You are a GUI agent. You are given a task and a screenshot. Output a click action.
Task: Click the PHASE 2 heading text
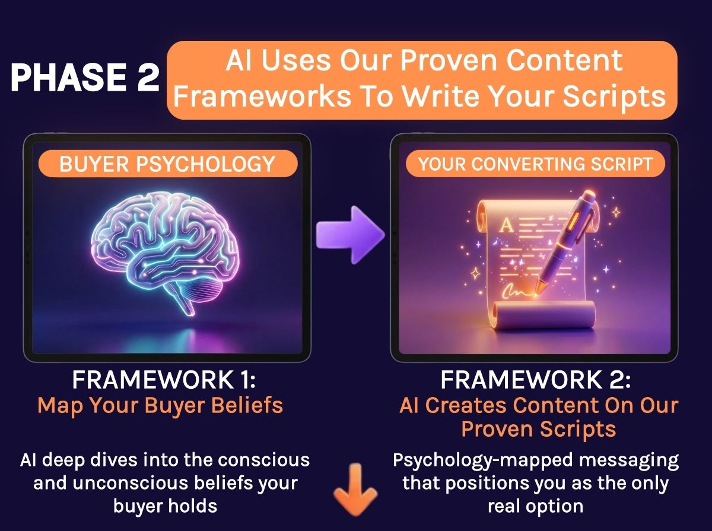pyautogui.click(x=85, y=78)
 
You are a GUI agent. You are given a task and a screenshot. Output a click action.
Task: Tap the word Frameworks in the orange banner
pyautogui.click(x=262, y=96)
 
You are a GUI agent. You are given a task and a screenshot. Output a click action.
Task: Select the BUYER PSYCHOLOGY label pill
pyautogui.click(x=168, y=164)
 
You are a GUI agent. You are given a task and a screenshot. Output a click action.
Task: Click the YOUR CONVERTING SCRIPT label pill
pyautogui.click(x=535, y=164)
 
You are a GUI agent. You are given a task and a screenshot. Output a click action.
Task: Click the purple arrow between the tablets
pyautogui.click(x=350, y=235)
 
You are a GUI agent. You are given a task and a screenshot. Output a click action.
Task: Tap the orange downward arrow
pyautogui.click(x=355, y=489)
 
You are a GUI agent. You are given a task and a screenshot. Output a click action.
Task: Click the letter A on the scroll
pyautogui.click(x=506, y=225)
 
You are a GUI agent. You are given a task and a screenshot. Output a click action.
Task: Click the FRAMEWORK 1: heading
pyautogui.click(x=164, y=380)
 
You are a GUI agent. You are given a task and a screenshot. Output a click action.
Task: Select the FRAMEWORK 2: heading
pyautogui.click(x=536, y=380)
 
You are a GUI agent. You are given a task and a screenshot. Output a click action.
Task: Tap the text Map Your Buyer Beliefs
pyautogui.click(x=160, y=406)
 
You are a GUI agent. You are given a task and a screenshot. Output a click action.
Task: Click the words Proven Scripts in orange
pyautogui.click(x=539, y=429)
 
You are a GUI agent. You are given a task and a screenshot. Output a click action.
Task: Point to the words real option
pyautogui.click(x=536, y=506)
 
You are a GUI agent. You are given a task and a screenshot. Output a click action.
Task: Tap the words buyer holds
pyautogui.click(x=165, y=506)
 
